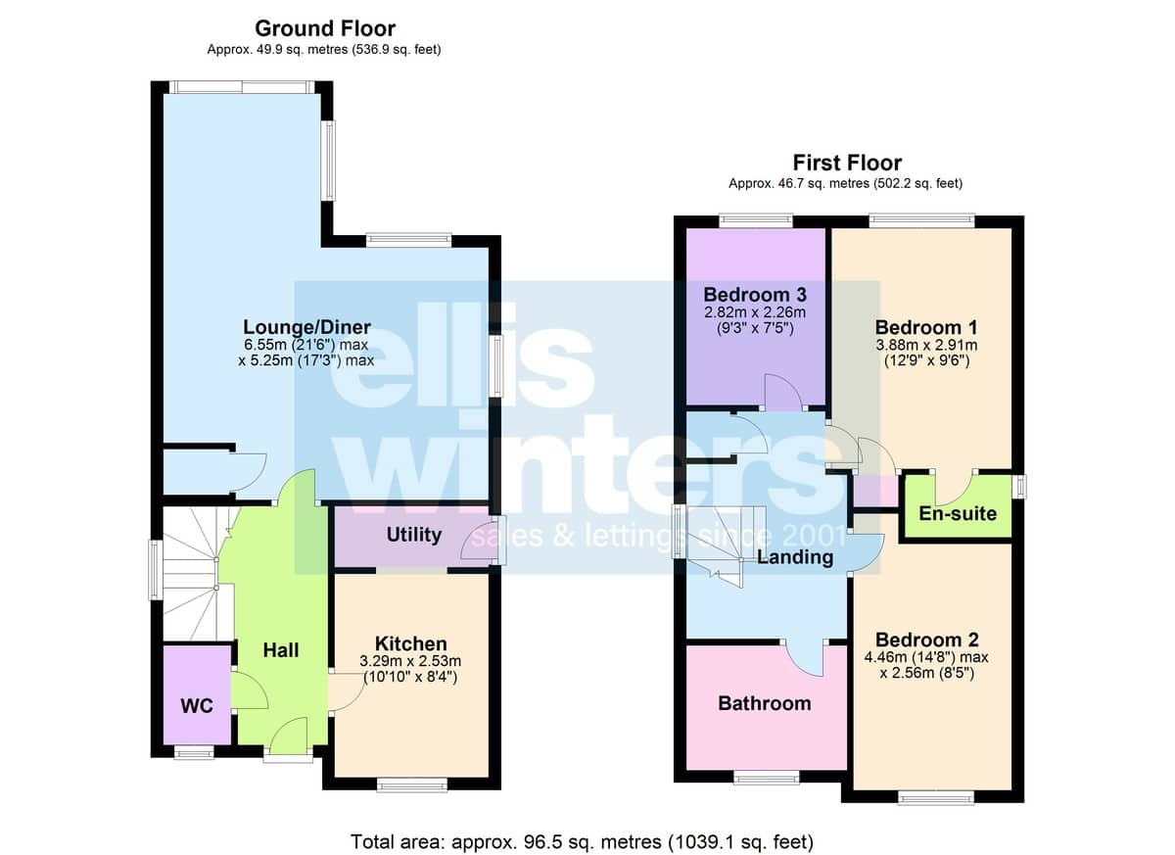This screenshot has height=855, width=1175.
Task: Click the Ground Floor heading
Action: [325, 28]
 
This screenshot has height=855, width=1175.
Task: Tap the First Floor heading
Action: [847, 164]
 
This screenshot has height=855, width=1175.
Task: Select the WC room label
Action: [197, 706]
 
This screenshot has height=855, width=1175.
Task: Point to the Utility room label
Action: [414, 535]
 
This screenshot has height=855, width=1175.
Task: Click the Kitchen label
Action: [410, 644]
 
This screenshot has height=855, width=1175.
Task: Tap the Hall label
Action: [281, 650]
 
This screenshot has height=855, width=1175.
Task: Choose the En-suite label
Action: [958, 513]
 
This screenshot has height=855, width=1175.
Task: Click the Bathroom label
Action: [765, 703]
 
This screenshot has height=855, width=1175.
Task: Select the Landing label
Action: [795, 557]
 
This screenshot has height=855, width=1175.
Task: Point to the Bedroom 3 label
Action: [755, 295]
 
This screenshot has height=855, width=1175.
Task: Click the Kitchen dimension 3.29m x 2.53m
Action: [410, 661]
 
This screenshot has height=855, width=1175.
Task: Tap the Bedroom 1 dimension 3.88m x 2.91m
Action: [926, 345]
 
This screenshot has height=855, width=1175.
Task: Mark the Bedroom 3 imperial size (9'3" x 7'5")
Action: [755, 328]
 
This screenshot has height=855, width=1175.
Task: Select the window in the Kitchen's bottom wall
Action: [412, 785]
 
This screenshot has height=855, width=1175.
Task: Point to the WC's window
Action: [194, 753]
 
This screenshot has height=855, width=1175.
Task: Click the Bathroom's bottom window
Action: [767, 778]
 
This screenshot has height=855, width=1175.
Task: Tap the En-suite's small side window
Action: [1019, 487]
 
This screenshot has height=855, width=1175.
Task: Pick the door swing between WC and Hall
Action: [249, 690]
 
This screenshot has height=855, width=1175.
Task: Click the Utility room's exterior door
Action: [480, 542]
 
